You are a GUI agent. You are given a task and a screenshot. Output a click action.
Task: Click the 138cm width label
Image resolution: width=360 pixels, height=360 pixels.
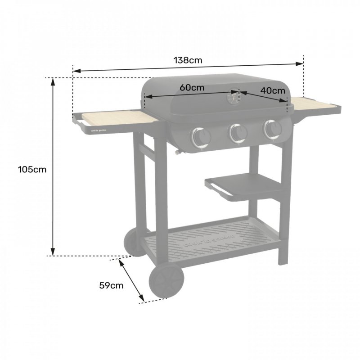189,60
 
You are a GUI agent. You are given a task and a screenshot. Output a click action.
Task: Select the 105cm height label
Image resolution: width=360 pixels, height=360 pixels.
32,170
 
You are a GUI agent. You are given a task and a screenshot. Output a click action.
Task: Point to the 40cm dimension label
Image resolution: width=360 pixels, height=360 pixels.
273,90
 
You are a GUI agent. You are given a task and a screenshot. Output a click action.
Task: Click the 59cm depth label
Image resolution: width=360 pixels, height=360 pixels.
111,285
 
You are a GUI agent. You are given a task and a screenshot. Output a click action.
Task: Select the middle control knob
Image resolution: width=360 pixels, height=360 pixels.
238,132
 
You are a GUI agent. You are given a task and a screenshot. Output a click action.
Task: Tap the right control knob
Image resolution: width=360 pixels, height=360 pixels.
272,129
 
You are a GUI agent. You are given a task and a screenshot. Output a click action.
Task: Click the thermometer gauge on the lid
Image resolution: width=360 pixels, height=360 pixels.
233,97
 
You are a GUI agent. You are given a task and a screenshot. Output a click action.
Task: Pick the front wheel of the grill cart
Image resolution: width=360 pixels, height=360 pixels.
166,281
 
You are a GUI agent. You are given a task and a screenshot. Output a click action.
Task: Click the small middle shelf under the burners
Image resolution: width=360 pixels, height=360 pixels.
243,184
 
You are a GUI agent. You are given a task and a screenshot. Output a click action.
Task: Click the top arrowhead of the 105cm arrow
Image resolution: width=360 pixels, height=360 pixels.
53,81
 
